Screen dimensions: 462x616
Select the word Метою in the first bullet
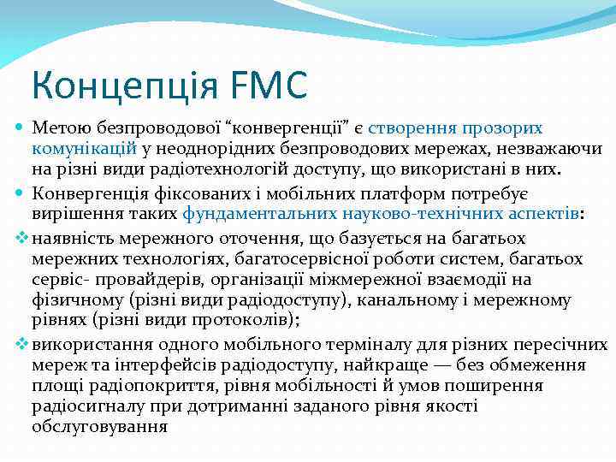click(x=58, y=128)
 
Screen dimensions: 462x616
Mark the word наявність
click(x=74, y=238)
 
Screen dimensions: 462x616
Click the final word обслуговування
click(x=100, y=426)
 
